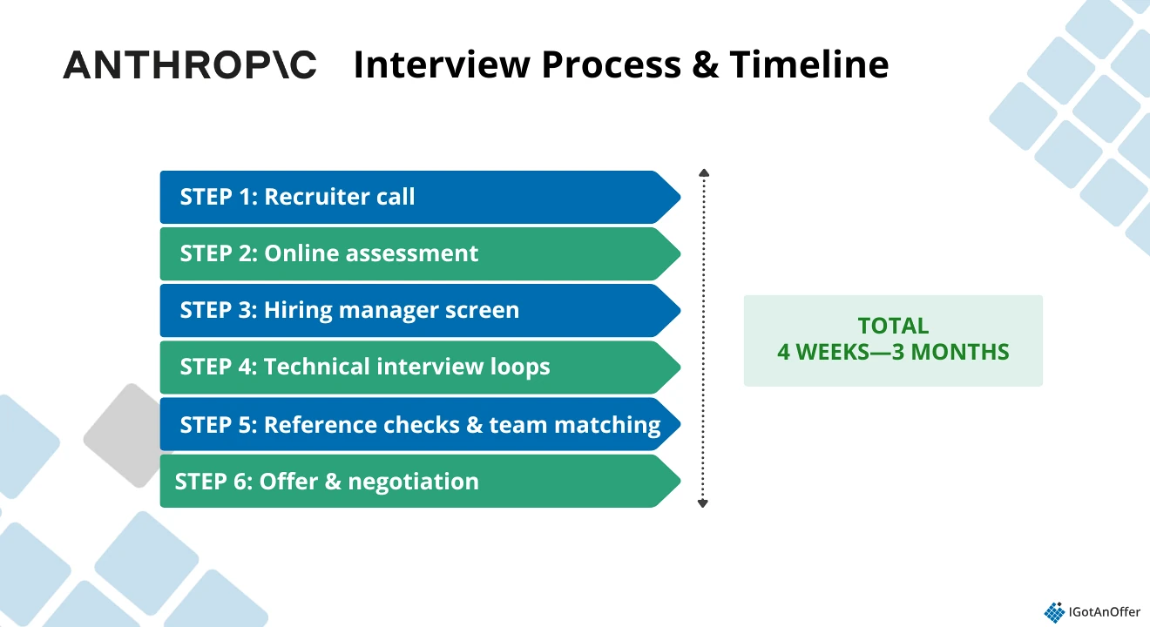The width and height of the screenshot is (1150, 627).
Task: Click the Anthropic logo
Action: [x=190, y=65]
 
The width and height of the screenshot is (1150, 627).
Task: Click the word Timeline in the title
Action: [x=809, y=65]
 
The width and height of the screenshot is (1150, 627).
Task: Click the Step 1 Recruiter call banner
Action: [x=418, y=197]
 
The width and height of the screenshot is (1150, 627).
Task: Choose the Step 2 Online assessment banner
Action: [x=418, y=253]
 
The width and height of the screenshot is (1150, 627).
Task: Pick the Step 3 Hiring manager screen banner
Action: [x=418, y=310]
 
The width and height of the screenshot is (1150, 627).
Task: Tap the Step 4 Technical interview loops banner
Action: [x=418, y=367]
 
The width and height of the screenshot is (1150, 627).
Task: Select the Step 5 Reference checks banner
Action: [x=418, y=424]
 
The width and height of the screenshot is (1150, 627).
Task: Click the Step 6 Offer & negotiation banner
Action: [x=418, y=481]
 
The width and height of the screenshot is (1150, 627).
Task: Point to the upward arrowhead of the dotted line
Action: [x=704, y=173]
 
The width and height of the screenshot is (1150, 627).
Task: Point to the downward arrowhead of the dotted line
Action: [x=704, y=503]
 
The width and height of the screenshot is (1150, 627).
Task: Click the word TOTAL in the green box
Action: [x=893, y=326]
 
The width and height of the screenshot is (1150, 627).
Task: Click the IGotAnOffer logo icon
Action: [x=1054, y=612]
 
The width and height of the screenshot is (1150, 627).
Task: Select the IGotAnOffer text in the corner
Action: [x=1105, y=612]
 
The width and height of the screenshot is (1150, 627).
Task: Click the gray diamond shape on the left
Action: [x=129, y=435]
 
